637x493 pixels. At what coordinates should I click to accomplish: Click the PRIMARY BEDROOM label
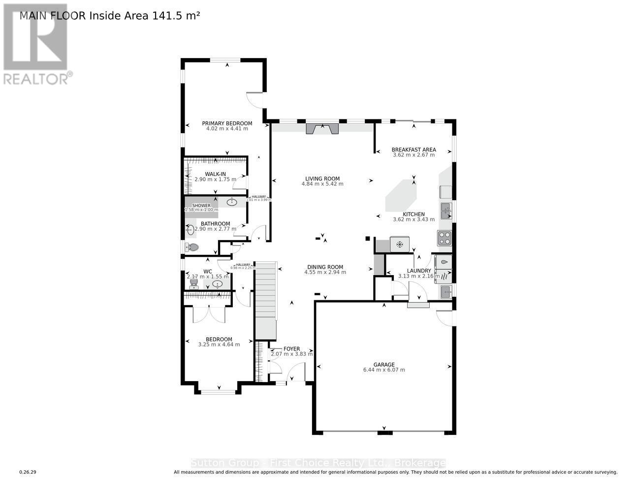pos(227,123)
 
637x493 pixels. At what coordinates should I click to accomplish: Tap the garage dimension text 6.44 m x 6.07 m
pos(383,370)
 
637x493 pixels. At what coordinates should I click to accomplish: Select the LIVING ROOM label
pos(322,179)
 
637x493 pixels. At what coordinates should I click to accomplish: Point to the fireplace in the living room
pos(322,129)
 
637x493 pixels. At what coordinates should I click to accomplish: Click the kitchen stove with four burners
pos(444,238)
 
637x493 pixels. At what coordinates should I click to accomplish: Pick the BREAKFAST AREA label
pos(414,149)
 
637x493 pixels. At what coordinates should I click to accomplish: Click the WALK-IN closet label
pos(215,174)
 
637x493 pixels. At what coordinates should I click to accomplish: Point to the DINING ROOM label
pos(325,267)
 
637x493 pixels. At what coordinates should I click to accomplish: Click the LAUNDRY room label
pos(419,271)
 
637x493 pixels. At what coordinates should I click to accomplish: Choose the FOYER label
pos(291,349)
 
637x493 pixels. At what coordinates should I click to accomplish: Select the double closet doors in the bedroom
pos(209,314)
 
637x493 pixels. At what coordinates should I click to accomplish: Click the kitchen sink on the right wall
pos(446,211)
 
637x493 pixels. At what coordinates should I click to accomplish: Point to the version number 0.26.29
pos(28,472)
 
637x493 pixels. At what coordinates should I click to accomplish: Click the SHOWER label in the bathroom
pos(201,206)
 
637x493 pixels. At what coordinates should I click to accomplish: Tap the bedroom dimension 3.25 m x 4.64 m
pos(219,345)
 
